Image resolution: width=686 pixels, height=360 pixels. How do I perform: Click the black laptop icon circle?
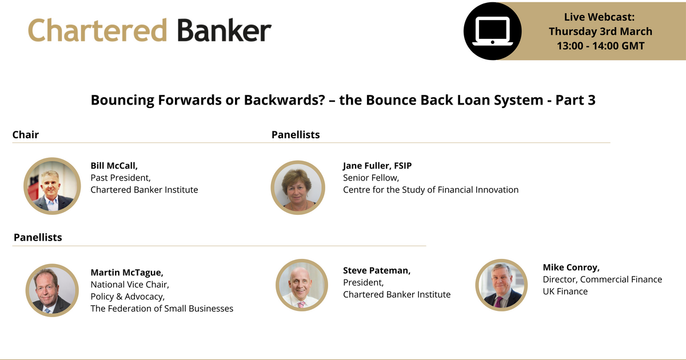click(492, 31)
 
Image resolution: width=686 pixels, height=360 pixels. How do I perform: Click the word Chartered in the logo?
click(97, 30)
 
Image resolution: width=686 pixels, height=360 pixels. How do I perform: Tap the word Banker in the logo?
click(224, 30)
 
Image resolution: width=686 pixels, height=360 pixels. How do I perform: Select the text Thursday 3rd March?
click(600, 31)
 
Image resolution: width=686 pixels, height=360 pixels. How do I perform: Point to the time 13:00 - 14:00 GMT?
click(600, 46)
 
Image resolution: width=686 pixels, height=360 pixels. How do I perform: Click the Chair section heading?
click(26, 135)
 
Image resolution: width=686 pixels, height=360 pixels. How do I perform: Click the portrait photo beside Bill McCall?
click(52, 186)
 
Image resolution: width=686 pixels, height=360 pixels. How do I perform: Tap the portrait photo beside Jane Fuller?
click(298, 187)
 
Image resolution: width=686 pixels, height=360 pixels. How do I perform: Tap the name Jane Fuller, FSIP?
click(377, 166)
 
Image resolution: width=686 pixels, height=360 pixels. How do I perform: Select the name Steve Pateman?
click(377, 270)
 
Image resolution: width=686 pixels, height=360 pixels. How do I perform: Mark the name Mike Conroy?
click(571, 267)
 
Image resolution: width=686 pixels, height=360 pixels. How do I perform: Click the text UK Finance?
click(565, 291)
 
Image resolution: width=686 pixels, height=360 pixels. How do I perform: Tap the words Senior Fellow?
click(370, 178)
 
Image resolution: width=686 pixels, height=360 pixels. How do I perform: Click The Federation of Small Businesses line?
click(162, 309)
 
